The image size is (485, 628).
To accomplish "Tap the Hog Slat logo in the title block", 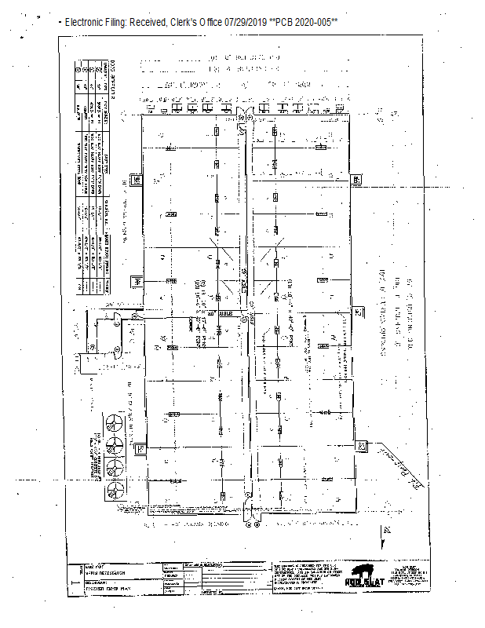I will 366,573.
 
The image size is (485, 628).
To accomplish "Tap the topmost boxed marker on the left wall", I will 137,179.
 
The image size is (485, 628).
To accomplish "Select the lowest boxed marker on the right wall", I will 362,446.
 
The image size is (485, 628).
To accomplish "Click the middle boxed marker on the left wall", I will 137,281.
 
